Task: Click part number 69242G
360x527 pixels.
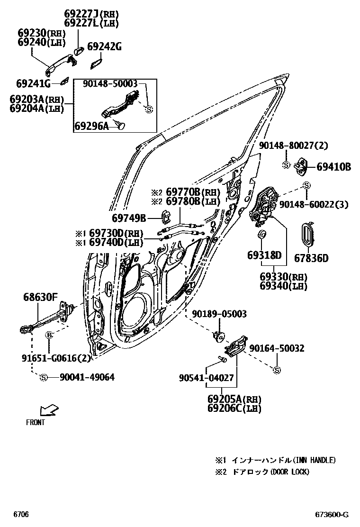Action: point(105,46)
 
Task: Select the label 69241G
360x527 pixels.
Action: point(33,84)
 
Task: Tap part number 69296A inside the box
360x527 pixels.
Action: point(91,126)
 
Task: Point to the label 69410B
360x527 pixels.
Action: point(333,167)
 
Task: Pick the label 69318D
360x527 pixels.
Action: point(264,255)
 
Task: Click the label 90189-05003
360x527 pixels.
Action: point(219,314)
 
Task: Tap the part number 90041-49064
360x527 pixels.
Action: point(87,377)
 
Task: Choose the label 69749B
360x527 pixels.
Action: point(129,218)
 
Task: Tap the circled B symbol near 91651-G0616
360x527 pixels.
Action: point(48,336)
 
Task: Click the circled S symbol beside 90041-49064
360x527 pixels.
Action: point(44,378)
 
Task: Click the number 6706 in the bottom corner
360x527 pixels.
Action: point(21,514)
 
